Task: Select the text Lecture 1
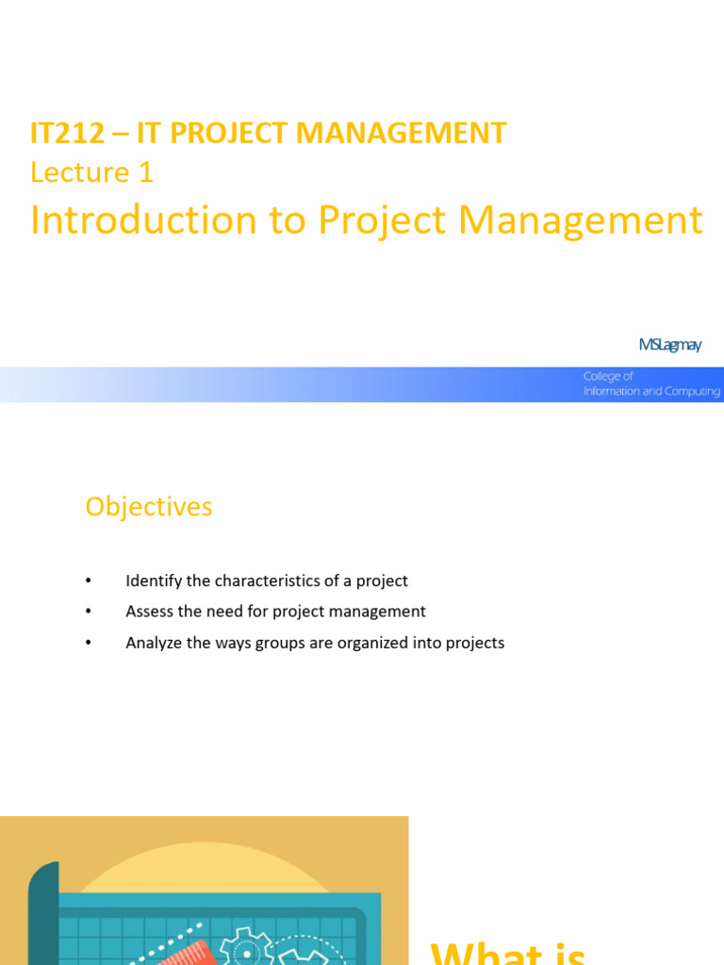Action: coord(91,172)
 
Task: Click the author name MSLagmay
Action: coord(669,345)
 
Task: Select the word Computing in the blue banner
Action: coord(689,391)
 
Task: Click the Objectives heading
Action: coord(149,507)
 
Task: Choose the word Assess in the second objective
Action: coord(149,612)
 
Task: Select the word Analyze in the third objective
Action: coord(154,643)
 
